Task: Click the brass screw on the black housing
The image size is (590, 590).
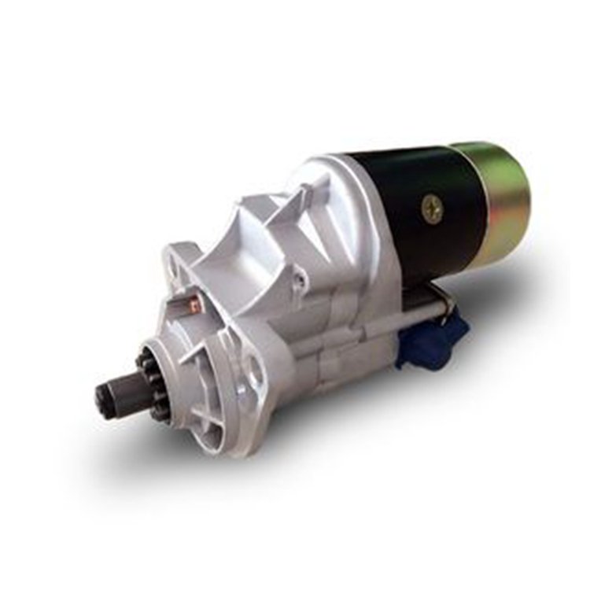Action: click(x=432, y=208)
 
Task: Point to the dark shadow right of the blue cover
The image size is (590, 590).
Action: click(x=488, y=346)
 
